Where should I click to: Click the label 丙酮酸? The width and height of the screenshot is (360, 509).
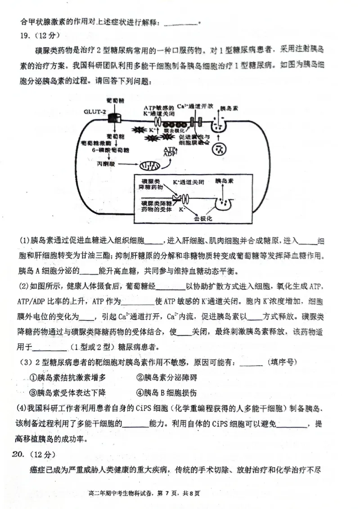point(106,165)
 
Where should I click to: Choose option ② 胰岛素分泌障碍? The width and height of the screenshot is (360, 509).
point(166,378)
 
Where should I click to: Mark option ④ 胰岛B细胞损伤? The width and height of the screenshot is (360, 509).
point(166,393)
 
